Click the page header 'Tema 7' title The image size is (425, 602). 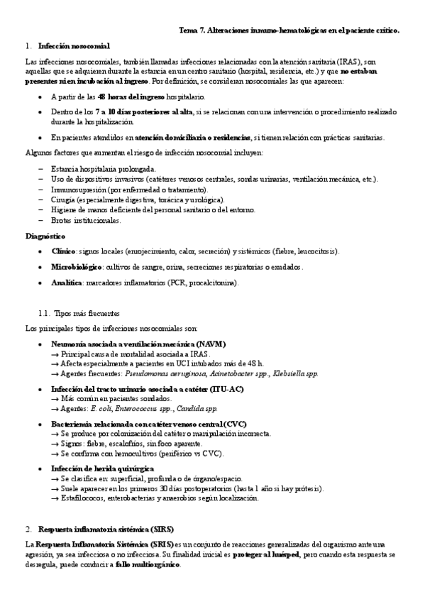click(x=289, y=31)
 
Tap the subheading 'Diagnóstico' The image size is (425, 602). click(x=45, y=236)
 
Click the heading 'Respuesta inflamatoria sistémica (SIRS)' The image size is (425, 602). click(x=106, y=529)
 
